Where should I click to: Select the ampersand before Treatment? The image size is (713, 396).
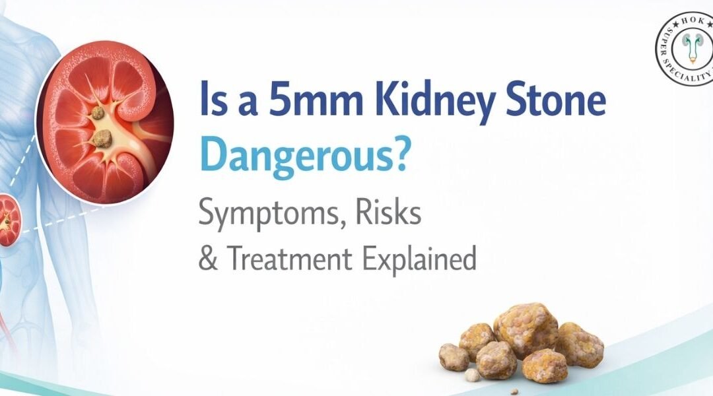point(208,259)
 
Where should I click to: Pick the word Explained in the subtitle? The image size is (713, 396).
point(419,259)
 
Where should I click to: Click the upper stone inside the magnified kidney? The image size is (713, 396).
point(98,113)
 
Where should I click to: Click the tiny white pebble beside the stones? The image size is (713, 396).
point(471,375)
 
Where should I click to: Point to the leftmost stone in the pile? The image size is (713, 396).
point(454,356)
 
